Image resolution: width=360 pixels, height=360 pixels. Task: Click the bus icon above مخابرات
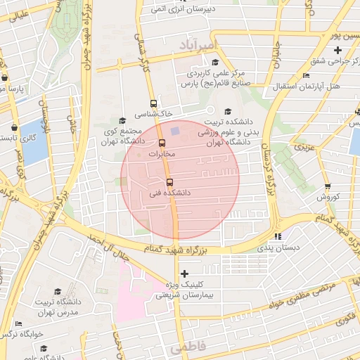[x=162, y=143]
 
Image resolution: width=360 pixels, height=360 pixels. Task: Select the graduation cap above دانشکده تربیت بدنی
[x=226, y=112]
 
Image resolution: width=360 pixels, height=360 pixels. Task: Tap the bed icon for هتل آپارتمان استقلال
[x=305, y=75]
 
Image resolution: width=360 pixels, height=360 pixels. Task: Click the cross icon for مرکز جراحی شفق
[x=337, y=50]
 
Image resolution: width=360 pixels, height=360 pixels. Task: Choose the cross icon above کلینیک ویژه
[x=184, y=273]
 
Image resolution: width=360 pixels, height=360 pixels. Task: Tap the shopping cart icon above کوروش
[x=328, y=186]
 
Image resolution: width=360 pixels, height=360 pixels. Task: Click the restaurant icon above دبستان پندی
[x=278, y=237]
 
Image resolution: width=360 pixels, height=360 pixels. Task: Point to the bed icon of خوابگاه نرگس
[x=19, y=323]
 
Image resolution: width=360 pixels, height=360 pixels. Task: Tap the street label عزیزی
[x=303, y=148]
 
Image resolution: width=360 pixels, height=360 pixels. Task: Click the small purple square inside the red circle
[x=174, y=130]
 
